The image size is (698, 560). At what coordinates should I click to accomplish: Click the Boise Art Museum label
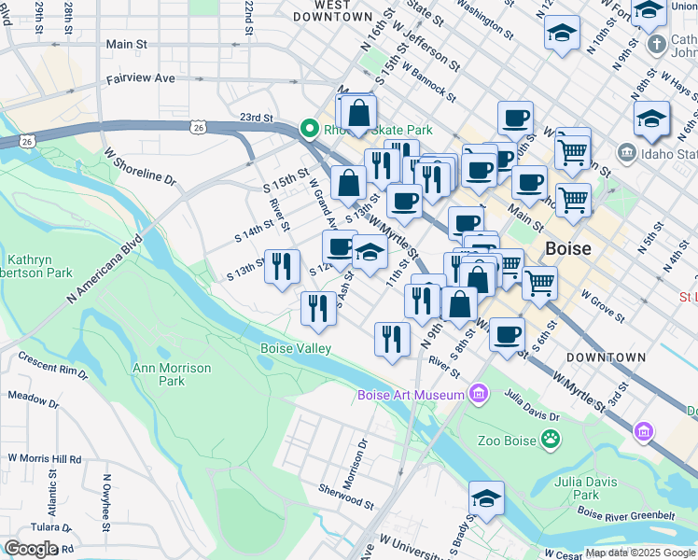(x=411, y=395)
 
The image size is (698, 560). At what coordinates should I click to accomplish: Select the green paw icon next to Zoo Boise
(x=552, y=438)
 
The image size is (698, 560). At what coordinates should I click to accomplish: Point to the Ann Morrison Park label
(x=172, y=374)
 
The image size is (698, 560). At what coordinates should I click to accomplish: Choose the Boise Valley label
(x=295, y=348)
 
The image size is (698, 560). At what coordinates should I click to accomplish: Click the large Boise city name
(x=568, y=249)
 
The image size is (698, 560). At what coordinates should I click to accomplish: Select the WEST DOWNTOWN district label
(x=332, y=10)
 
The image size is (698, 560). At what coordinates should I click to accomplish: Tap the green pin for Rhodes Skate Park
(x=305, y=129)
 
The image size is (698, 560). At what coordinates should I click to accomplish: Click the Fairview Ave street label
(x=140, y=79)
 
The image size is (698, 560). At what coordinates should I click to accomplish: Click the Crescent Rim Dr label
(x=50, y=367)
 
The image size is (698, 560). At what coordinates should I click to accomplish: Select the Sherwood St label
(x=345, y=495)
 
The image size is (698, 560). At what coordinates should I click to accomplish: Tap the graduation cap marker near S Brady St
(x=486, y=499)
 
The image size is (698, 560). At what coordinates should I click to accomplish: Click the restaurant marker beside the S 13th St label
(x=282, y=265)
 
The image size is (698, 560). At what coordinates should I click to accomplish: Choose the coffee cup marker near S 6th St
(x=507, y=334)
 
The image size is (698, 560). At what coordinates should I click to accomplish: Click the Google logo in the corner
(x=31, y=549)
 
